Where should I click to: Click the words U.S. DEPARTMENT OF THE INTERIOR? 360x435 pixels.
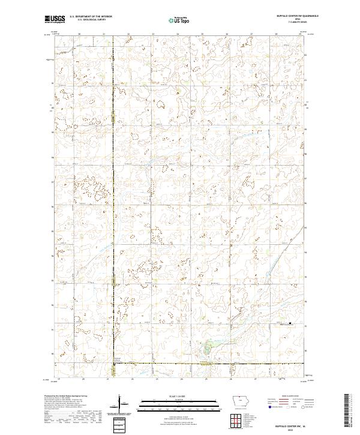pos(91,16)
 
